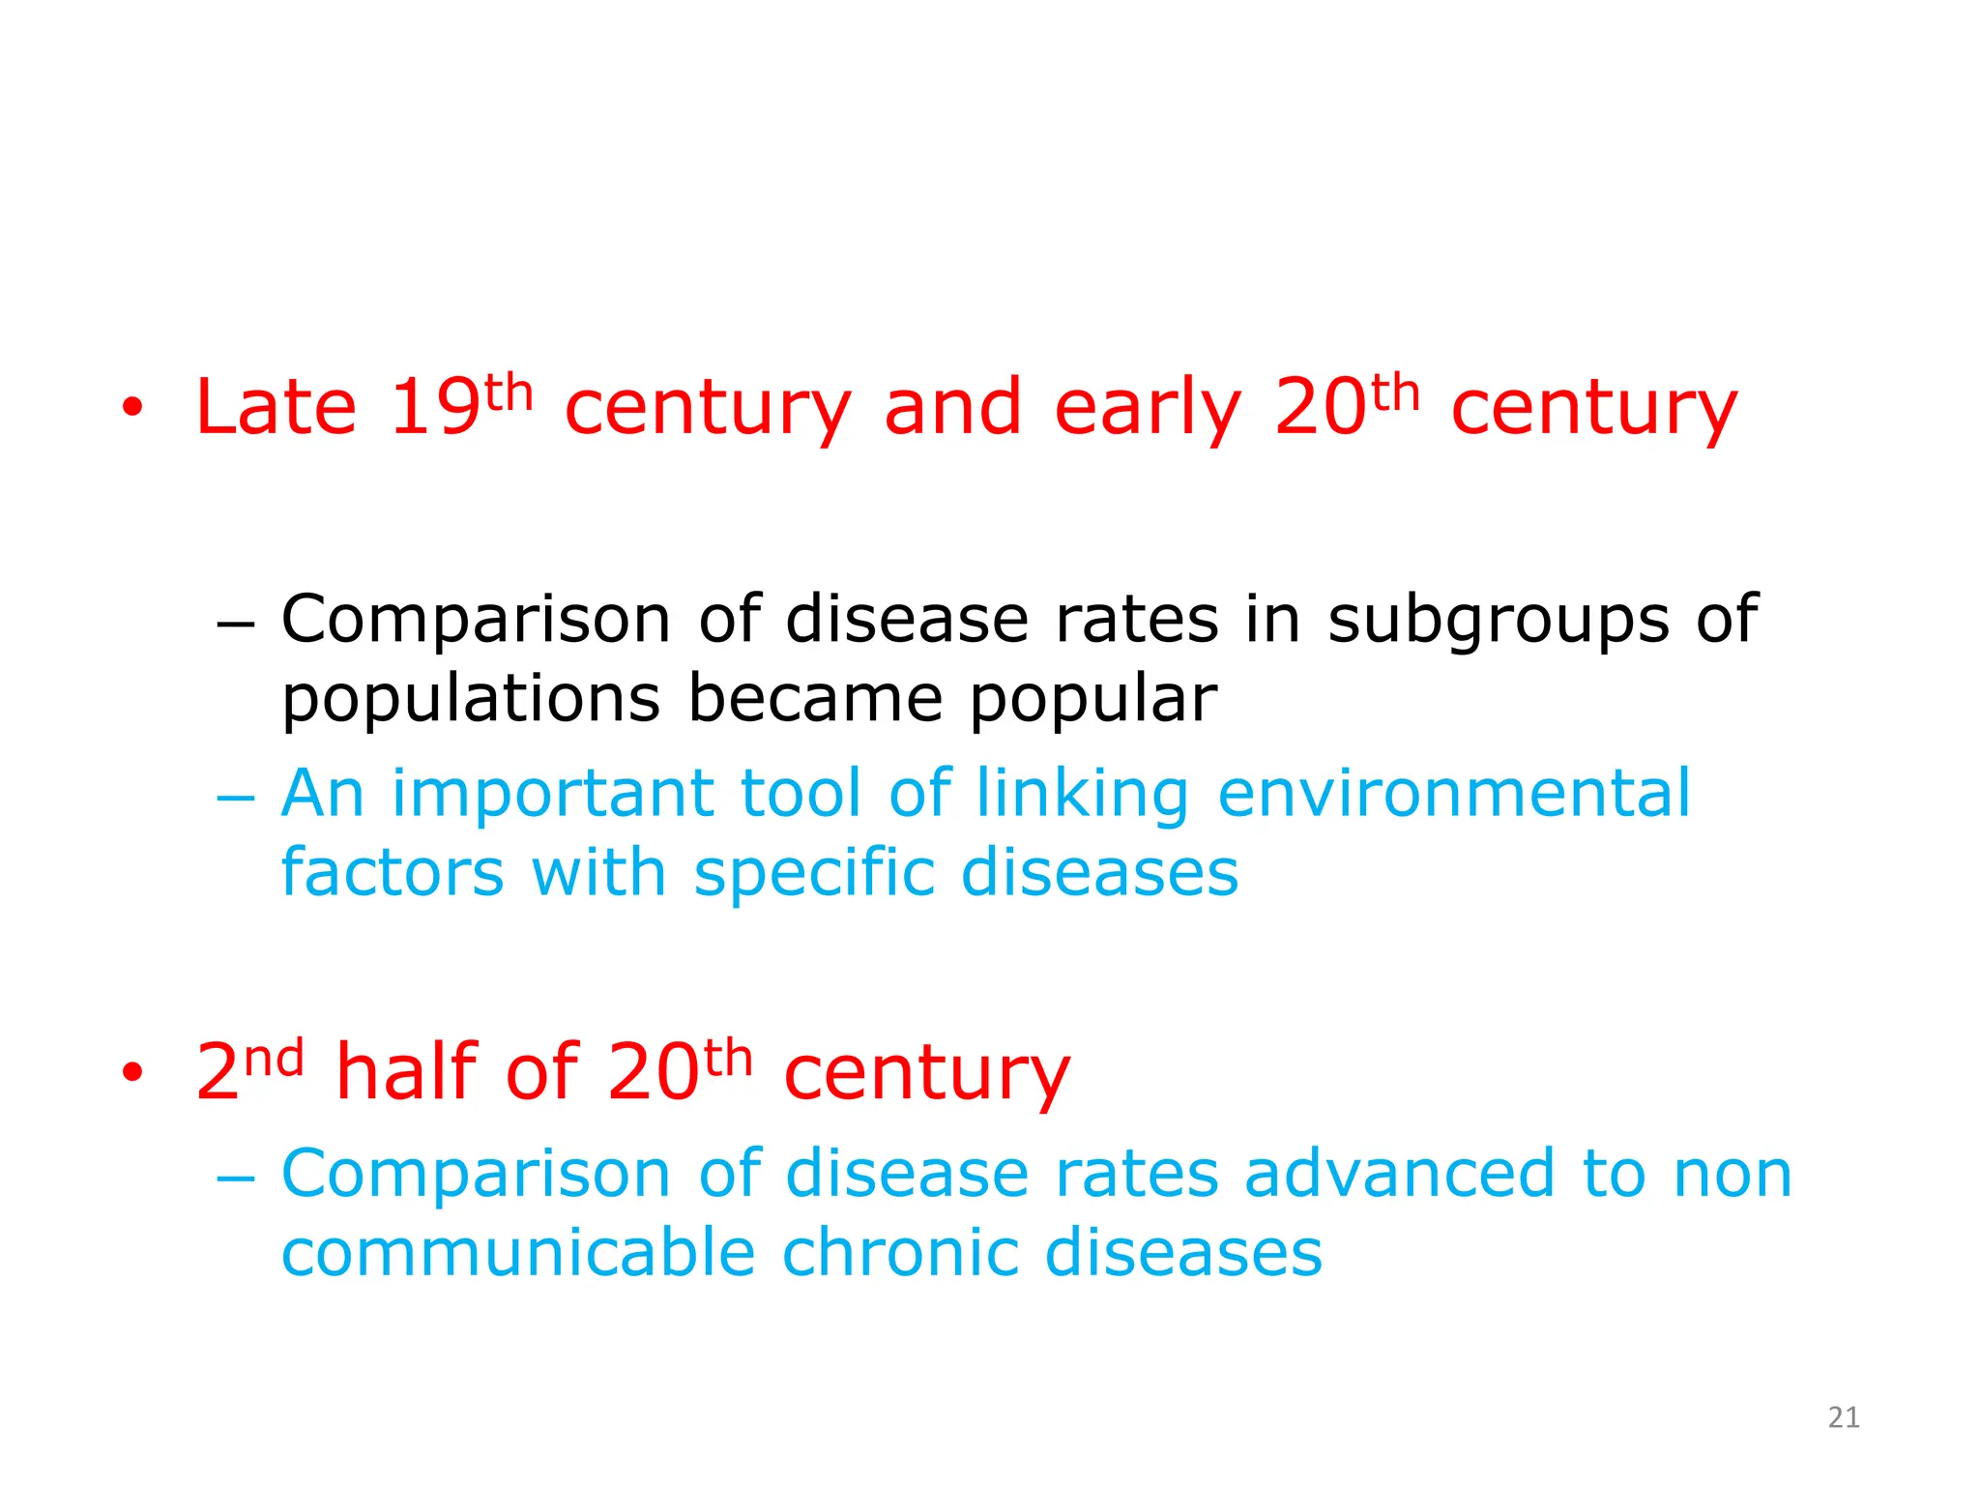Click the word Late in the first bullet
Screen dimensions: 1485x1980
pyautogui.click(x=276, y=407)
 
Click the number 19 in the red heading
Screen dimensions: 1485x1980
pyautogui.click(x=434, y=407)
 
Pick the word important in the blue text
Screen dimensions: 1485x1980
pyautogui.click(x=553, y=794)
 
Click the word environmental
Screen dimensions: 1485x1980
pyautogui.click(x=1453, y=794)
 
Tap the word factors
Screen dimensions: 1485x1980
pyautogui.click(x=393, y=872)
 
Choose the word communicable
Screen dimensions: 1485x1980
pyautogui.click(x=518, y=1253)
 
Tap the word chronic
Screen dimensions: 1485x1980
pyautogui.click(x=899, y=1253)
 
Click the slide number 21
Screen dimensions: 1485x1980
pyautogui.click(x=1844, y=1417)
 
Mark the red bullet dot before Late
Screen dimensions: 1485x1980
pyautogui.click(x=132, y=409)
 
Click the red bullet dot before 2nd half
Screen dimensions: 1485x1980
pyautogui.click(x=132, y=1072)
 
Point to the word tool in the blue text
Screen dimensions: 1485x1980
pyautogui.click(x=800, y=794)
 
